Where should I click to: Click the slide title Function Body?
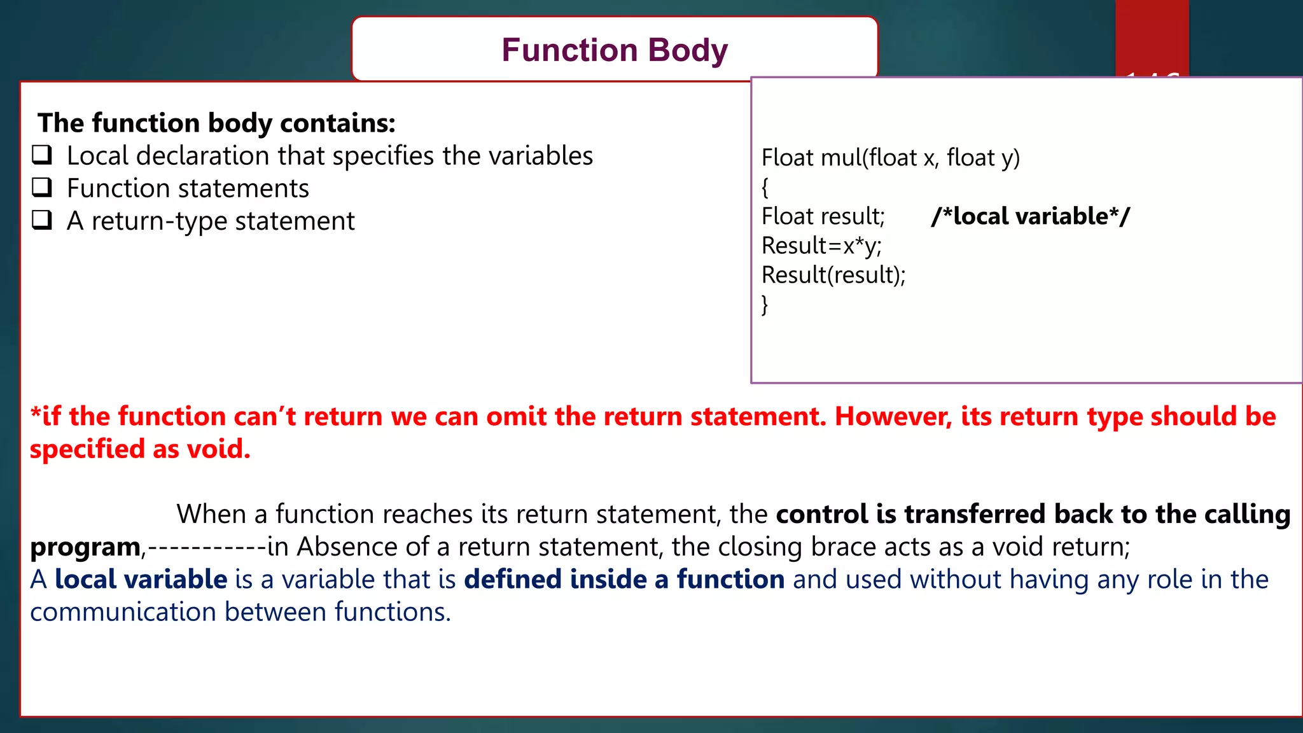[614, 50]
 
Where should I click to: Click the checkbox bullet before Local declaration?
[42, 155]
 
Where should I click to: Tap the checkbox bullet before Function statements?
[42, 187]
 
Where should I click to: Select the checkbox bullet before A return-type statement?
[42, 220]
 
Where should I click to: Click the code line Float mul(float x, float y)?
[890, 157]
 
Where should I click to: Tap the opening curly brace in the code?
[765, 187]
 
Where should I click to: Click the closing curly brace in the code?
[765, 305]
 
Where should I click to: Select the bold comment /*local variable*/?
[1030, 216]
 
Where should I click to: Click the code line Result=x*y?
[821, 246]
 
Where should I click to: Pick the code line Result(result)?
[833, 275]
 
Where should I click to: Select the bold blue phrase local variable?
[141, 580]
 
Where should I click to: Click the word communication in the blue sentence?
[123, 612]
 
